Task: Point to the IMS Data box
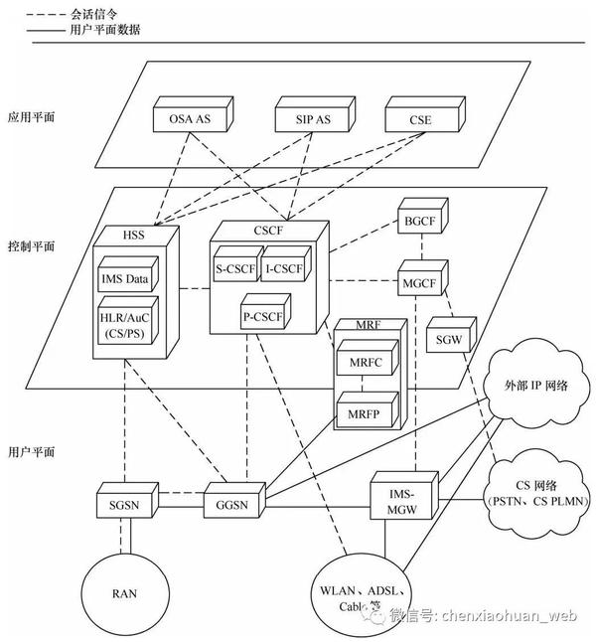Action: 128,274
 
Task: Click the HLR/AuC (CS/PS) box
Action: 128,320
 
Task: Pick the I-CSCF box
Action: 286,263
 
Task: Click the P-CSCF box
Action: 265,312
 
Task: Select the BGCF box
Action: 423,216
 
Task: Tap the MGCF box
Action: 423,277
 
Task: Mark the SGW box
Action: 451,335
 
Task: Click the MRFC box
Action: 368,358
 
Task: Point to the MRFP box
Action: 368,409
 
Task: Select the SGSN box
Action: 128,500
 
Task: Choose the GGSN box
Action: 235,500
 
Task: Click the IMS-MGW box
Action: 404,496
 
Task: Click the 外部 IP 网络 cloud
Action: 536,384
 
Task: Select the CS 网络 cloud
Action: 537,494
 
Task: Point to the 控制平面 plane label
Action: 32,246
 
